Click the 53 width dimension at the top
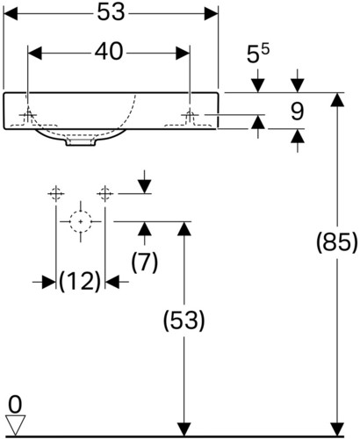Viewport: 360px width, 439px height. point(111,13)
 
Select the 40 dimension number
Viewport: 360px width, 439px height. point(109,52)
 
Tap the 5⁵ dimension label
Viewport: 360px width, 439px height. point(258,54)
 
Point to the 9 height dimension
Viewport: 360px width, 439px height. point(298,112)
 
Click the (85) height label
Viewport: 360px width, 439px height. point(337,242)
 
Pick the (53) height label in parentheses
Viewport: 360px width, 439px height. point(184,320)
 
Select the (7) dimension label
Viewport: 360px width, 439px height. point(145,263)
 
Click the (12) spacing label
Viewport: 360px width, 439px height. point(80,282)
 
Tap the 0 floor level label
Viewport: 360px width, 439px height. point(15,405)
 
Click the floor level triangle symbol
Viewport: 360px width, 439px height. point(15,425)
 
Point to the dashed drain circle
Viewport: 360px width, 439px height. point(81,221)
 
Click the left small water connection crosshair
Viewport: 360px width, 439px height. point(56,193)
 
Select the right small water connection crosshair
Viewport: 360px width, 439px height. point(105,193)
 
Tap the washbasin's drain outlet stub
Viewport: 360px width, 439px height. point(81,142)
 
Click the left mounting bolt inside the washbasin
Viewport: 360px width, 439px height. point(28,117)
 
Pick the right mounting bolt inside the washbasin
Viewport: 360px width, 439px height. point(190,117)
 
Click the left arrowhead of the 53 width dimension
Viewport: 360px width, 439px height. point(11,13)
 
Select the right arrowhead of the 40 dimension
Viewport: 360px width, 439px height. point(183,54)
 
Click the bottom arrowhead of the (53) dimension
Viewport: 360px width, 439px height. point(184,429)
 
